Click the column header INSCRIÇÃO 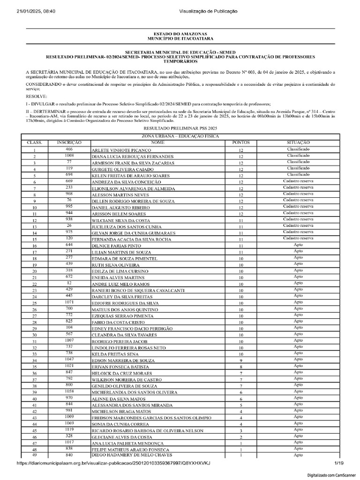pyautogui.click(x=69, y=142)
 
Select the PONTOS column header pyautogui.click(x=241, y=142)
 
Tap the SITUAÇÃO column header pyautogui.click(x=298, y=142)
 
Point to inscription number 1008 pyautogui.click(x=69, y=155)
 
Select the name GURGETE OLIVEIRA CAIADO pyautogui.click(x=122, y=169)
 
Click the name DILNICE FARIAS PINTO pyautogui.click(x=116, y=246)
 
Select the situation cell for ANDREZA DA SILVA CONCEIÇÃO pyautogui.click(x=298, y=180)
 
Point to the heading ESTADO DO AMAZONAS pyautogui.click(x=180, y=35)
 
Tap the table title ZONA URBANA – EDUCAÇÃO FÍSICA pyautogui.click(x=180, y=136)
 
